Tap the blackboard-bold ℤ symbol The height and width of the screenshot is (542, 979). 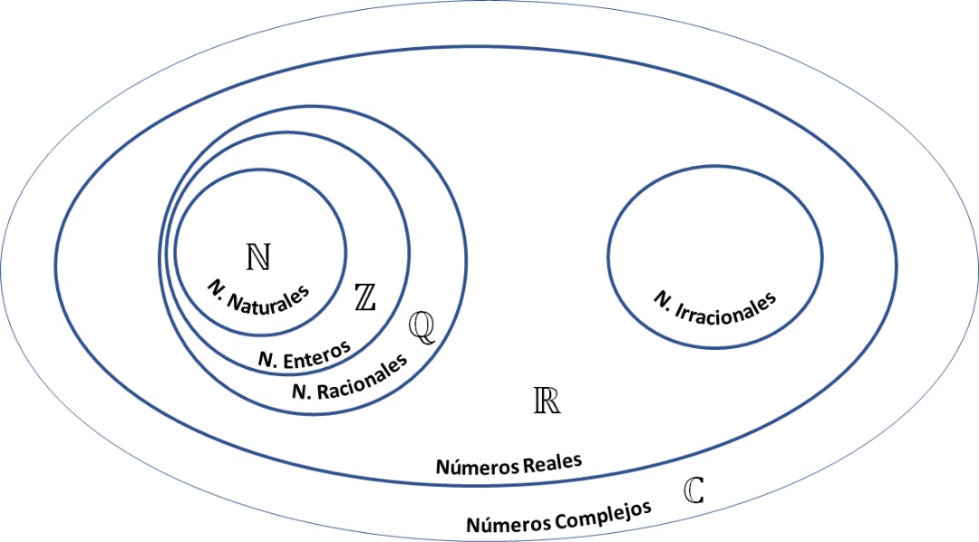(365, 296)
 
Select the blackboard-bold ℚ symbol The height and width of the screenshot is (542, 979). (422, 326)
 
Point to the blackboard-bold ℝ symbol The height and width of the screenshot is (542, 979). (547, 401)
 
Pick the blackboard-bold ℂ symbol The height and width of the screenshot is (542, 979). (693, 490)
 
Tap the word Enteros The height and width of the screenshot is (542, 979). (316, 353)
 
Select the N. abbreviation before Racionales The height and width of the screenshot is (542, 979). (304, 392)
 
